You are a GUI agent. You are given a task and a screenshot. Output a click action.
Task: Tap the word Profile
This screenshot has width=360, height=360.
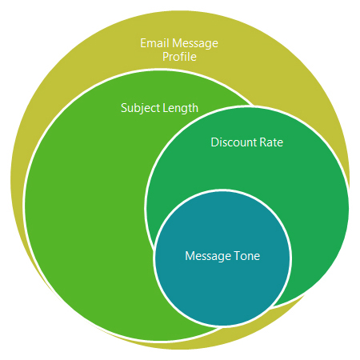(x=179, y=57)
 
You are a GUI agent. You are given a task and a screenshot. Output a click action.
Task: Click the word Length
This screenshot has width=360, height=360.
(x=181, y=108)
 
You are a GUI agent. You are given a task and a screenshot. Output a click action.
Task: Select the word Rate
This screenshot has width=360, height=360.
(x=271, y=142)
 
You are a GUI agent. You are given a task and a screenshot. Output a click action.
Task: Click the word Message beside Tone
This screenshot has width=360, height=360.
(x=208, y=256)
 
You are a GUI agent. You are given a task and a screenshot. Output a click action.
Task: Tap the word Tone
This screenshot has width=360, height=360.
(x=247, y=256)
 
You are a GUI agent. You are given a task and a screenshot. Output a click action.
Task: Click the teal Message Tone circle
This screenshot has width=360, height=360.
(x=222, y=282)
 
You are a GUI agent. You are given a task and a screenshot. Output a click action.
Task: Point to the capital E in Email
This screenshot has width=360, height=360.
(x=143, y=43)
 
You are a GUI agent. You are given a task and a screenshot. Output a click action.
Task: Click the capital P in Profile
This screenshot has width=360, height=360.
(x=166, y=57)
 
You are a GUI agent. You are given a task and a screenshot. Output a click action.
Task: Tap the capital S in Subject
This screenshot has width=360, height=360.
(x=124, y=108)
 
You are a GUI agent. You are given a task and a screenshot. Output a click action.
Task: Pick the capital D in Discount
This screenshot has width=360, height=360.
(x=214, y=142)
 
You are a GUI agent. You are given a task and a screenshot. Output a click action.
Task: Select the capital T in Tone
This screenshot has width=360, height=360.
(x=238, y=256)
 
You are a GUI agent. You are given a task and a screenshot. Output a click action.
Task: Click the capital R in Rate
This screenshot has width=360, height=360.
(x=263, y=142)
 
